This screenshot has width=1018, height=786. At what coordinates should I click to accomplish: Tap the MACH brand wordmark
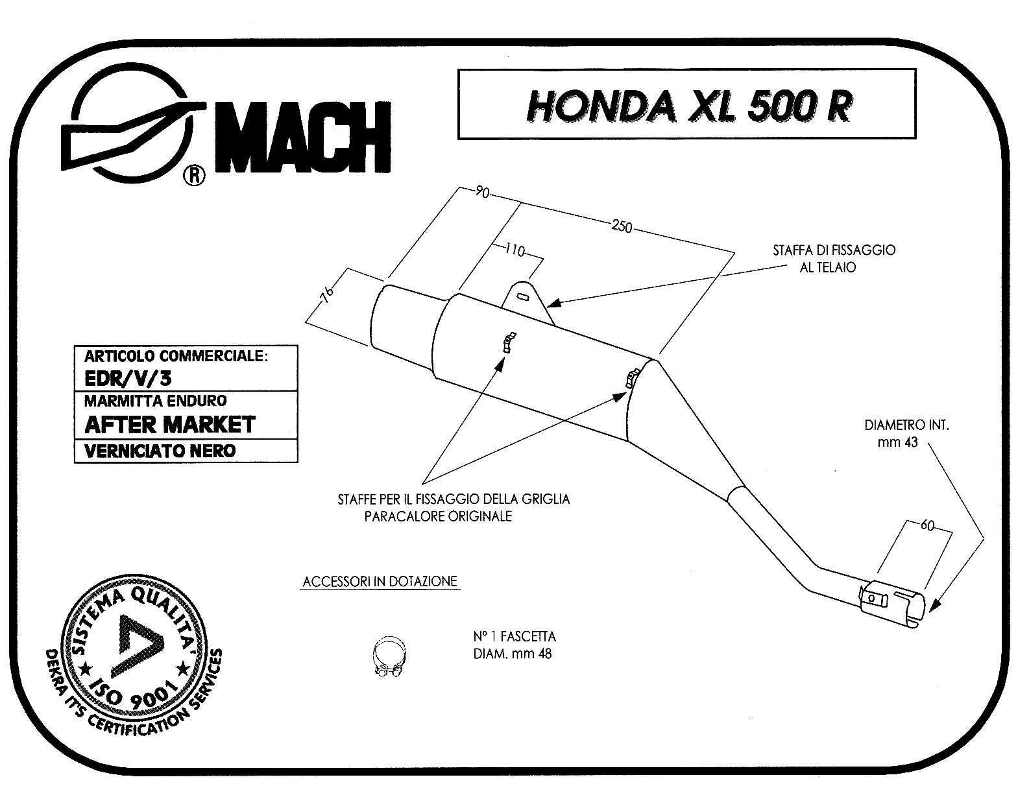click(304, 137)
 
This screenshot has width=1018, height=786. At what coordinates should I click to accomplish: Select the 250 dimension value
click(622, 226)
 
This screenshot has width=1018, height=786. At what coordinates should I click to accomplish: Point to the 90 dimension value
click(482, 191)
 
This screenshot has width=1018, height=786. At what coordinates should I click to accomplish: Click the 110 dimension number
click(515, 250)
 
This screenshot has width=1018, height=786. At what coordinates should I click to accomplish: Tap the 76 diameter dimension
click(326, 294)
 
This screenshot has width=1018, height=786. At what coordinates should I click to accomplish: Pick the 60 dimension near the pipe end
click(928, 526)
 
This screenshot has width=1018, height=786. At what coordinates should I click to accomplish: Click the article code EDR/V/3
click(128, 378)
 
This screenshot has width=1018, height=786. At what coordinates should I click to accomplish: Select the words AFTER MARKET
click(169, 425)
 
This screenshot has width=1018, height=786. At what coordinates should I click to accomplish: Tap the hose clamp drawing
click(389, 656)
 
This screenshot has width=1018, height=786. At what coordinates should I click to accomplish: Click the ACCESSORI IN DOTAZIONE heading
click(380, 582)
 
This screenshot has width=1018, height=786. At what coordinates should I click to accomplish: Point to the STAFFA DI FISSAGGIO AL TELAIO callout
click(834, 258)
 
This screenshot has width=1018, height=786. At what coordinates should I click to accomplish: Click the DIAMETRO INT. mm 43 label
click(906, 433)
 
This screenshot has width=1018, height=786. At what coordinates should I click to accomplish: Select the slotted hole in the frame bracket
click(524, 297)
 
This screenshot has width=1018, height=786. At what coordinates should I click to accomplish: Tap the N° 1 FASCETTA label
click(515, 636)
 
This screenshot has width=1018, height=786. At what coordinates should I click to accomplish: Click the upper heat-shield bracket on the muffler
click(509, 342)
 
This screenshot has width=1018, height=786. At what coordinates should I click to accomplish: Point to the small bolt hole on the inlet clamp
click(871, 599)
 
